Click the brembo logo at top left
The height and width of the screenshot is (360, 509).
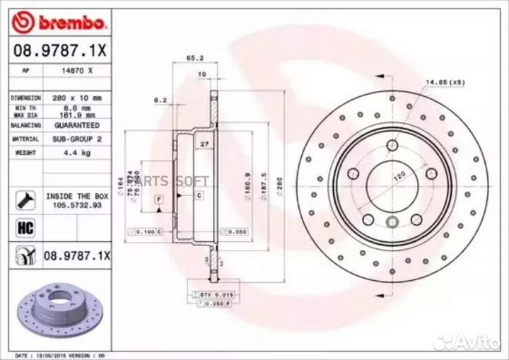(59, 23)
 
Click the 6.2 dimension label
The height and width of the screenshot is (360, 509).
(160, 100)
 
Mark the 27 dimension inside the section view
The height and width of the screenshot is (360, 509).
(204, 144)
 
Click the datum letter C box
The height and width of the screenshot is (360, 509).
(199, 194)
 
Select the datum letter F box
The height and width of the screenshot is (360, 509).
(159, 199)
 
